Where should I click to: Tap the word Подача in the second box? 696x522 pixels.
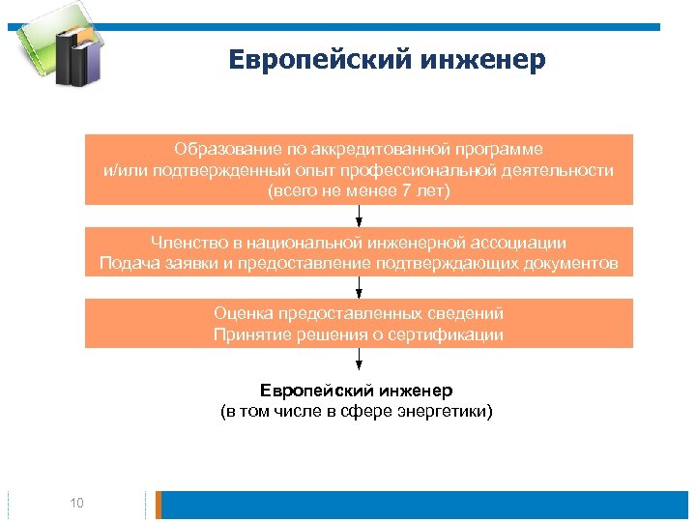point(125,263)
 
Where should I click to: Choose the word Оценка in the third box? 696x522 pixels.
point(243,314)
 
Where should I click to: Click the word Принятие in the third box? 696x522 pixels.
point(247,334)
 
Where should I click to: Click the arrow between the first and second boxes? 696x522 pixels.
point(360,216)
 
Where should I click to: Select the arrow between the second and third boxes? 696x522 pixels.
point(360,287)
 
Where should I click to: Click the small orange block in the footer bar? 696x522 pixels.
point(159,505)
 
